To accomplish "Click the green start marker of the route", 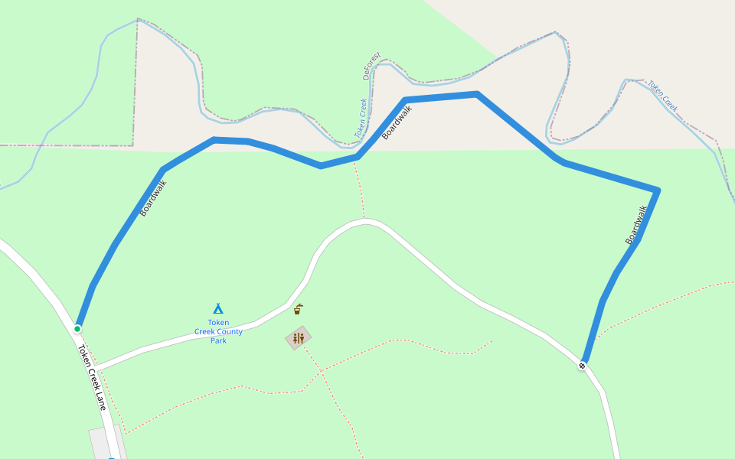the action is [x=77, y=329].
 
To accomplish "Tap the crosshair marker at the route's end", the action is [x=583, y=366].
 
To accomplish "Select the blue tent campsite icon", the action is [x=218, y=308].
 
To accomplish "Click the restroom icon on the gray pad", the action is [x=299, y=337].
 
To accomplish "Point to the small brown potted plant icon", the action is [x=298, y=309].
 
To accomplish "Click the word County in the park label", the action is [x=229, y=332].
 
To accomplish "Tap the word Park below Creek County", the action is [x=218, y=341].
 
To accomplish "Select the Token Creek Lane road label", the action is [x=91, y=377].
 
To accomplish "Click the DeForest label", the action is [x=372, y=67].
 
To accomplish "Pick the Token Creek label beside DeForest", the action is [x=361, y=118].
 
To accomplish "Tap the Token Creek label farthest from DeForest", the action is [x=663, y=96].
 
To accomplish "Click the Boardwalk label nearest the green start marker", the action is [x=152, y=198].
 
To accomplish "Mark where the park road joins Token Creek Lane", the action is [x=96, y=368].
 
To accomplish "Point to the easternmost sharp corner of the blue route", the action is [x=658, y=190].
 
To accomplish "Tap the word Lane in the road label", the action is [x=100, y=399].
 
